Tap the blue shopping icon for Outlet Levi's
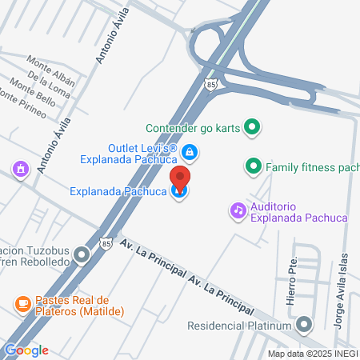[x=190, y=151]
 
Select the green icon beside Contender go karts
[x=252, y=127]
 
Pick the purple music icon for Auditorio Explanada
[x=238, y=210]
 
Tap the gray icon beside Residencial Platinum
[x=304, y=325]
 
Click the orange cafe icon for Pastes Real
[x=22, y=304]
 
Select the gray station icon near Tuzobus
[x=82, y=257]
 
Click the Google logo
[x=26, y=350]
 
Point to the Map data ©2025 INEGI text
[x=312, y=353]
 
